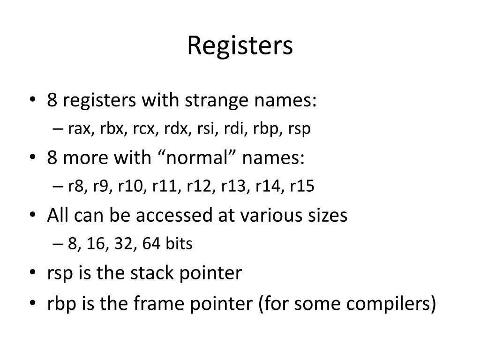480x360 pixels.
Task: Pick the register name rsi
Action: point(205,128)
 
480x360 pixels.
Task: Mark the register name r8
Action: point(75,186)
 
